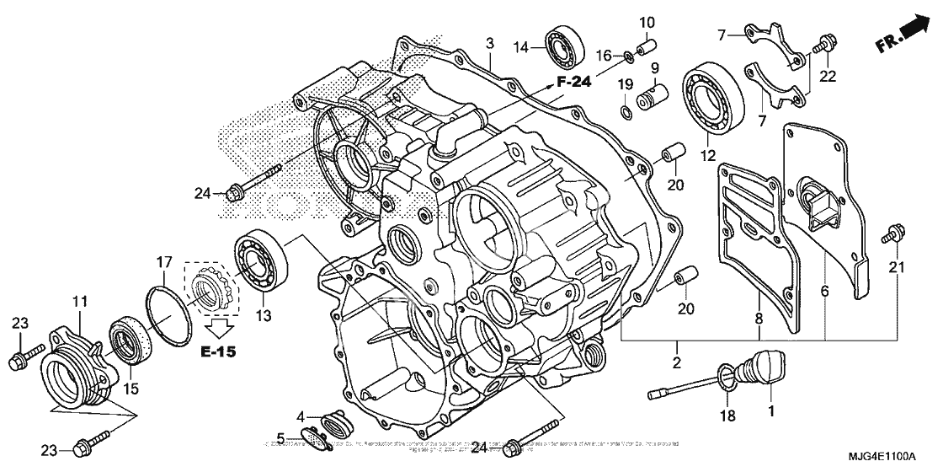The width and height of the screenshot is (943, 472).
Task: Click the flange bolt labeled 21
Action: click(893, 231)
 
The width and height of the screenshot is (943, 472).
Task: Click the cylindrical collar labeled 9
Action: click(654, 90)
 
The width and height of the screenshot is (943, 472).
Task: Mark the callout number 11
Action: click(79, 300)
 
